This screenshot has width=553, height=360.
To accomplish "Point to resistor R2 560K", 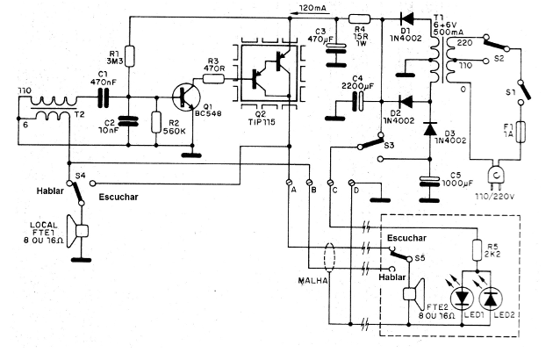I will pos(155,122).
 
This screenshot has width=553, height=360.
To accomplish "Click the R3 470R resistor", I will pos(213,78).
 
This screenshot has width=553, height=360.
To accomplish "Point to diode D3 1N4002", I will pos(430,129).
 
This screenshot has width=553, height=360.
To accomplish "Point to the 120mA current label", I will pos(315,8).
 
